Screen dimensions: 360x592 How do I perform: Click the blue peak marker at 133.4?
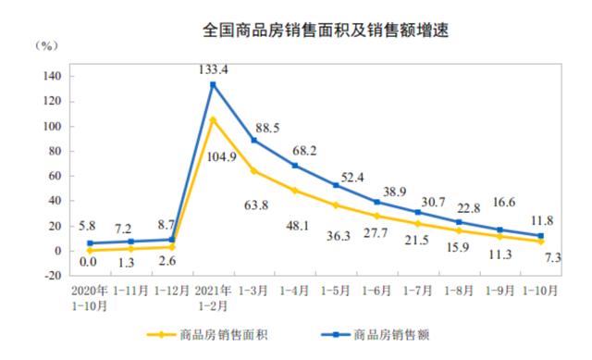click(213, 84)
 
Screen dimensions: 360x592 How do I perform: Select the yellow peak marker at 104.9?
click(213, 119)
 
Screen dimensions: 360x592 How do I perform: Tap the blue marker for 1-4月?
click(295, 166)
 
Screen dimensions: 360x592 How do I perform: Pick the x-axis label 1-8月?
click(459, 290)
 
